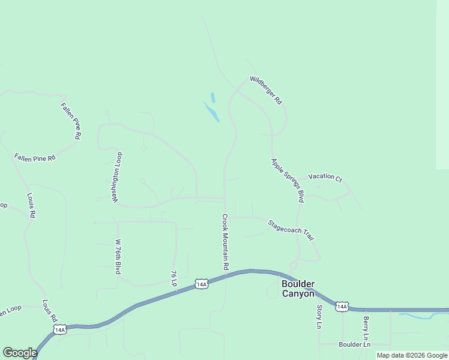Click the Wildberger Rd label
coord(266,90)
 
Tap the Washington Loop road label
coord(117,176)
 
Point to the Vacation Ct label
coord(325,178)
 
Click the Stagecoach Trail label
coord(291,230)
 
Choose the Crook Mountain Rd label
coord(226,242)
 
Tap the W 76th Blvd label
coord(118,257)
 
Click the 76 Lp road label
coord(173,278)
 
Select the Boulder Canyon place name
coord(298,289)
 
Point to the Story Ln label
coord(319,317)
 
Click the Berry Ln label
coord(366,329)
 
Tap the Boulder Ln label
coord(355,344)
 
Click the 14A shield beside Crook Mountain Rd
coord(201,284)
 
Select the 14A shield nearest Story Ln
coord(342,307)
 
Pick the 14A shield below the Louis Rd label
coord(59,329)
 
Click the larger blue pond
coord(211,112)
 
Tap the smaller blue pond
coord(212,97)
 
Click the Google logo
coord(20,353)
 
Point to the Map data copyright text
coord(412,355)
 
